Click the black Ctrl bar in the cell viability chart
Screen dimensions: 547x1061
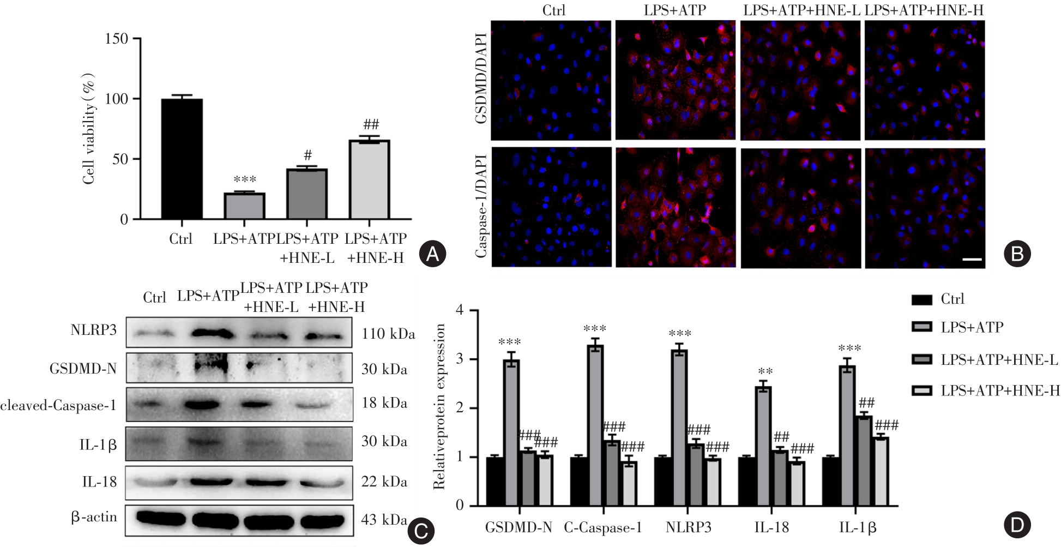click(x=182, y=159)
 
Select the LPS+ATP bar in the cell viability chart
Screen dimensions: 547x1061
click(x=244, y=206)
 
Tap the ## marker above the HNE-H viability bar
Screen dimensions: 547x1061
click(x=371, y=124)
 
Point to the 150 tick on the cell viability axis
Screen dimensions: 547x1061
click(x=117, y=39)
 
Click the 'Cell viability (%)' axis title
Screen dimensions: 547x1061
click(x=89, y=129)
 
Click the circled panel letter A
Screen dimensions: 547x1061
click(x=433, y=254)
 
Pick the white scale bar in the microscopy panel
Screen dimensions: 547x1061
click(x=972, y=260)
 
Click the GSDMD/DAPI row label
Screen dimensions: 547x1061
click(x=481, y=79)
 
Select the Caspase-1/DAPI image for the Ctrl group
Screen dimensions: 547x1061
click(x=551, y=207)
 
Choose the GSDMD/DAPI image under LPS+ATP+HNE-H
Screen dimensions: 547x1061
click(x=925, y=81)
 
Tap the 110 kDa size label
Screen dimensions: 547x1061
click(x=388, y=333)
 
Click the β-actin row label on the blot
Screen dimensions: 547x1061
click(x=94, y=516)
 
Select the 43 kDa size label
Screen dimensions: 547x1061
click(x=383, y=519)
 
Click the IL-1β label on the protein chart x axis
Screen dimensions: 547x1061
click(x=858, y=527)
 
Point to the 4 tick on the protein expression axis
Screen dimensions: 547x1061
click(x=460, y=310)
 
